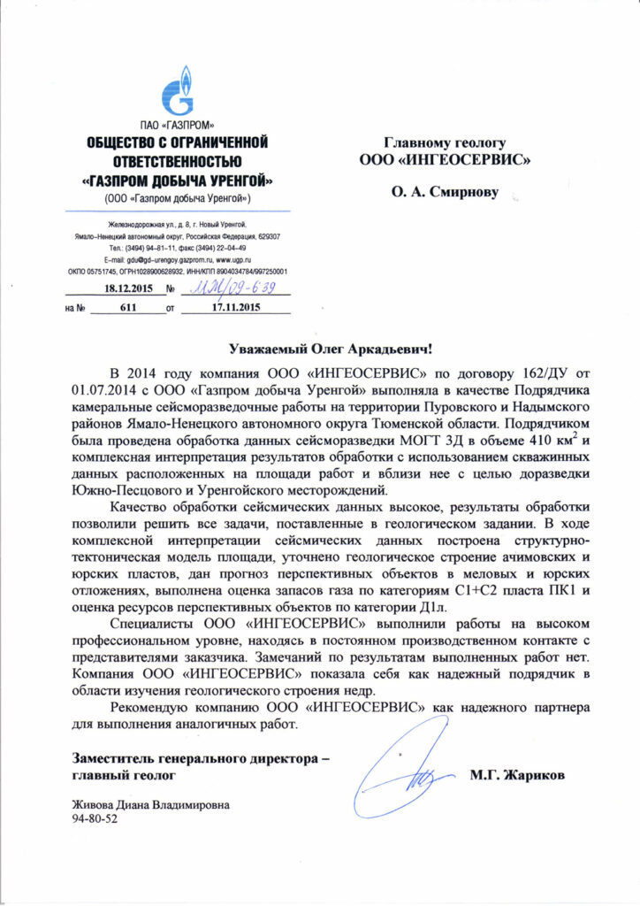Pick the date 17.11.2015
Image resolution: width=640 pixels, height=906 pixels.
238,309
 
